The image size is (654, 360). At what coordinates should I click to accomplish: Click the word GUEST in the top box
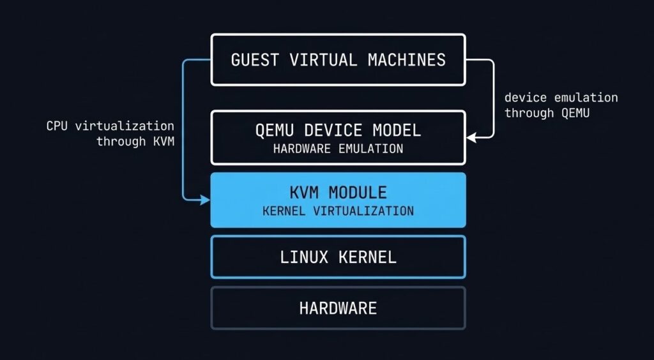coord(255,61)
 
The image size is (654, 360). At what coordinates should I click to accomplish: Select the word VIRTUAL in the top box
coord(323,61)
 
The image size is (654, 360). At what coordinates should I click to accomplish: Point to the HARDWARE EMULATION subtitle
coord(338,149)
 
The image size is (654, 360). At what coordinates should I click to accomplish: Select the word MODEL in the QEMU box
coord(399,131)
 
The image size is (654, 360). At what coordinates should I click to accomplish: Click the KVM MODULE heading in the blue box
coord(338,192)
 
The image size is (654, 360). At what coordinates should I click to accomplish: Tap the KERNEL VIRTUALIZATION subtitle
coord(338,211)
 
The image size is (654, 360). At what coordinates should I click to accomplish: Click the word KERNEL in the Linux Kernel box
coord(367,257)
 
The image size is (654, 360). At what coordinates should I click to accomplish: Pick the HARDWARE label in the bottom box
coord(338,309)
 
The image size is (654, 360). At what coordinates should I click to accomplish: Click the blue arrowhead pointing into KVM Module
coord(206,200)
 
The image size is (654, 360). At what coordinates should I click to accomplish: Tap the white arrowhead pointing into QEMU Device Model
coord(471,137)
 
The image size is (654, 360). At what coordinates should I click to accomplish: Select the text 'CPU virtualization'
coord(110,126)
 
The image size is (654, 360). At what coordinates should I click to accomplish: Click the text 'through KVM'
coord(135,141)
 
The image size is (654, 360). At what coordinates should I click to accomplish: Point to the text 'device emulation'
coord(561,98)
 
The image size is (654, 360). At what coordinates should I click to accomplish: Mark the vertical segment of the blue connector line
coord(183,128)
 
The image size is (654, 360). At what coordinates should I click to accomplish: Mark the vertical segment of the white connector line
coord(494,99)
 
